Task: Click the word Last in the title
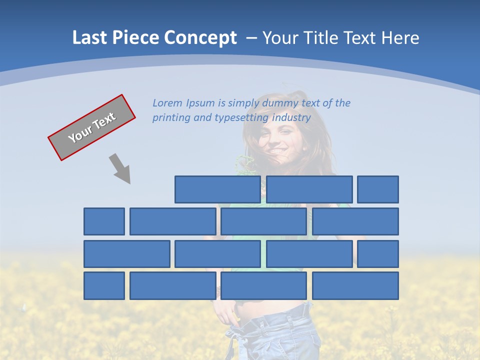tap(89, 38)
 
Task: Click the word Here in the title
tap(400, 38)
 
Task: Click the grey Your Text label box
tap(91, 127)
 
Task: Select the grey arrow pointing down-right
tap(120, 168)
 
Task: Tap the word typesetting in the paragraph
tap(241, 117)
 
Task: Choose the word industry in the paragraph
tap(291, 117)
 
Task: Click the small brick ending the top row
tap(378, 189)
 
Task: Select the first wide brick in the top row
tap(217, 189)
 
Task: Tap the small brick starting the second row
tap(104, 221)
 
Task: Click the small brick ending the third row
tap(378, 254)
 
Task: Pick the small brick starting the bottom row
tap(104, 285)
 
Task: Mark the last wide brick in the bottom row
tap(355, 285)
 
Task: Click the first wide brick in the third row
tap(127, 254)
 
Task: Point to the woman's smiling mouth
tap(278, 150)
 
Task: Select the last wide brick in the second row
tap(355, 221)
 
